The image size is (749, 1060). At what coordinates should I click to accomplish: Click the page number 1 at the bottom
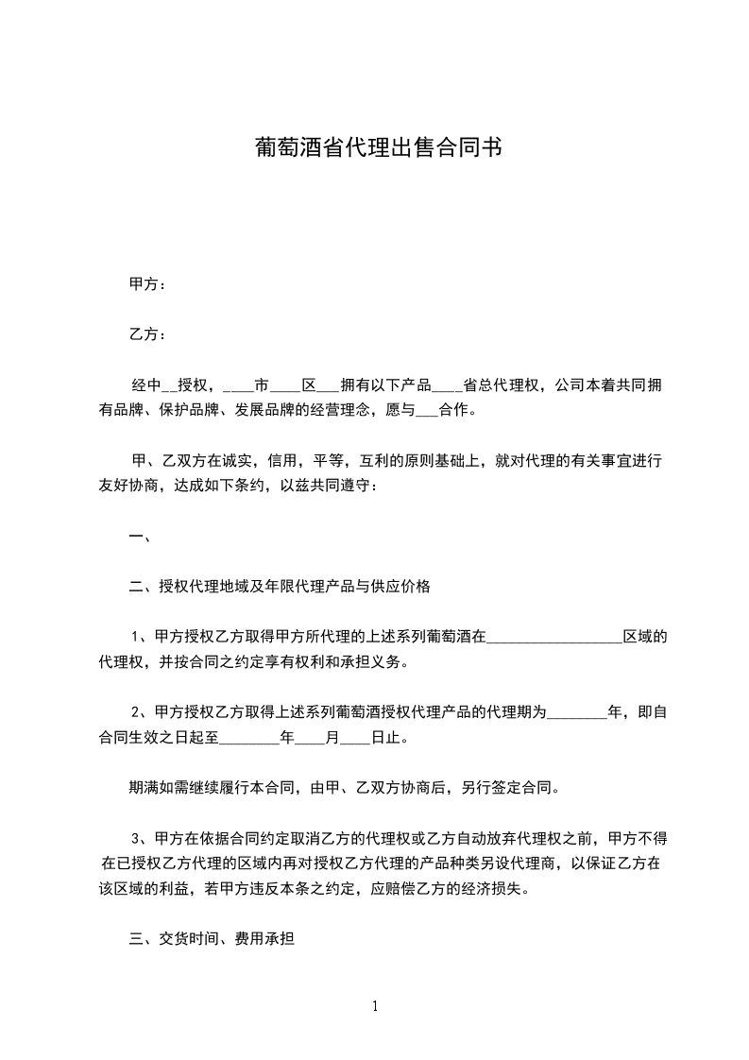tap(375, 1006)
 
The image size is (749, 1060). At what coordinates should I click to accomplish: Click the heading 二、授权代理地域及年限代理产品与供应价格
tap(280, 587)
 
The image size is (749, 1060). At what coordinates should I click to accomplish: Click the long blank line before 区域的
tap(553, 639)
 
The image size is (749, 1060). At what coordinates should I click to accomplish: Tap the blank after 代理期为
tap(577, 714)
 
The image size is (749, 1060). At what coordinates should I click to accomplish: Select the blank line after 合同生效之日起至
tap(249, 739)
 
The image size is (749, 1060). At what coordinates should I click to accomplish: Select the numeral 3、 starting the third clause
tap(141, 839)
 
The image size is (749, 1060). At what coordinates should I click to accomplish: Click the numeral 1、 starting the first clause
tap(141, 638)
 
